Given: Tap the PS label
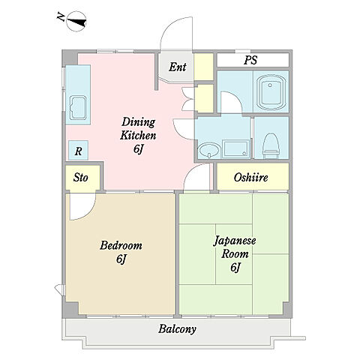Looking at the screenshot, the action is [250, 60].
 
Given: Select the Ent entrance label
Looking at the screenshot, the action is [178, 67].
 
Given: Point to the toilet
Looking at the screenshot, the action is [270, 145].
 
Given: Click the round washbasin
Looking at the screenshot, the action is [209, 151].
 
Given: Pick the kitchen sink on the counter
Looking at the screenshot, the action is [79, 108].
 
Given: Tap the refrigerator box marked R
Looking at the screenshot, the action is [78, 151].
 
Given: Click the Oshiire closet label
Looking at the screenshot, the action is [251, 178].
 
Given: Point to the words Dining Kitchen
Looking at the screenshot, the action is [138, 129].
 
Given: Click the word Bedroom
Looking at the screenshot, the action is [121, 245].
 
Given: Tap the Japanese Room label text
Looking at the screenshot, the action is [235, 247].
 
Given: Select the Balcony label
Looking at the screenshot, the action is [177, 329].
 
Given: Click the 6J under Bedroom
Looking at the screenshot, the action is [121, 259].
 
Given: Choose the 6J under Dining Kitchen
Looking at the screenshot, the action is [138, 149].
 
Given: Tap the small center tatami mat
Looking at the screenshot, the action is [234, 254].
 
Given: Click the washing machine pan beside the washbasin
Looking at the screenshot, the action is [236, 149].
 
